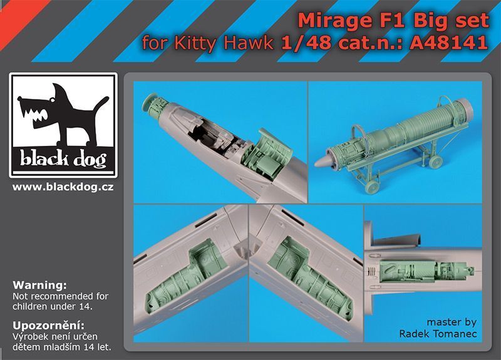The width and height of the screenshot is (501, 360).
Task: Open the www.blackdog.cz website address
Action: tap(63, 186)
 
